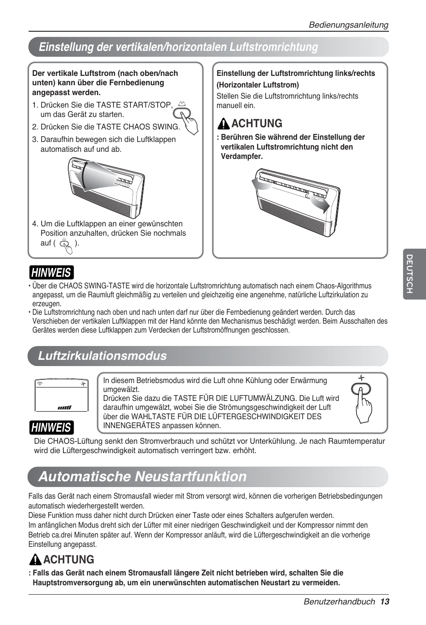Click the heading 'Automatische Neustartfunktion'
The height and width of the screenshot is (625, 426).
pyautogui.click(x=142, y=476)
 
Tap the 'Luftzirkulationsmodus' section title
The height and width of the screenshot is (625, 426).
pyautogui.click(x=102, y=356)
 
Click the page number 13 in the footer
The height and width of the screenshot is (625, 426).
pyautogui.click(x=385, y=602)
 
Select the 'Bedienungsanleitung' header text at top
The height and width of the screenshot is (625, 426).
pyautogui.click(x=349, y=25)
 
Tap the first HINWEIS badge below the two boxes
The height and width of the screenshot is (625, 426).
pyautogui.click(x=51, y=272)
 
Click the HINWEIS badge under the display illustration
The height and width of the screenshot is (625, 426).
pyautogui.click(x=51, y=427)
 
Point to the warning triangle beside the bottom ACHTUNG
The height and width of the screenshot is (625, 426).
pyautogui.click(x=35, y=560)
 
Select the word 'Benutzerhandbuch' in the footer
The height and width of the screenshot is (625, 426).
pyautogui.click(x=339, y=602)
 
